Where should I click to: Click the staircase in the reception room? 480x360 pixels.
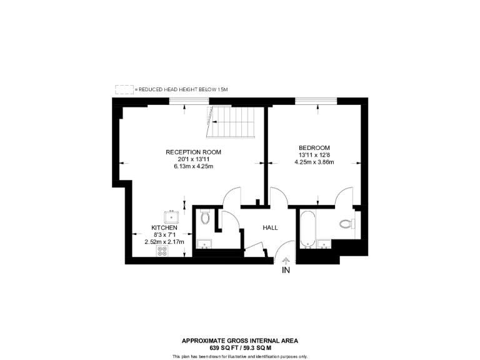click(231, 122)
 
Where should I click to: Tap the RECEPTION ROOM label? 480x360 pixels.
click(193, 152)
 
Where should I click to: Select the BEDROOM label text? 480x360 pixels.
click(314, 147)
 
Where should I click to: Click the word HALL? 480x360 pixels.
click(270, 228)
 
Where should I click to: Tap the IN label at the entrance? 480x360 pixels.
click(286, 271)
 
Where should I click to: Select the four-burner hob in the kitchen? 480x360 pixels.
click(162, 251)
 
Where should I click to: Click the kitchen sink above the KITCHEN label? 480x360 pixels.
click(171, 217)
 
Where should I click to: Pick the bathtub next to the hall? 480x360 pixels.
click(307, 228)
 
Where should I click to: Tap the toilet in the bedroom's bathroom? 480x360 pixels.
click(346, 224)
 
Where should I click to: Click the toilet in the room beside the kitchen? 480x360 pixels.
click(206, 217)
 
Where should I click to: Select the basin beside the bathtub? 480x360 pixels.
click(324, 244)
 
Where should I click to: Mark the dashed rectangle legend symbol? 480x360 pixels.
click(124, 90)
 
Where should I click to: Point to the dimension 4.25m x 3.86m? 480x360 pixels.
click(314, 162)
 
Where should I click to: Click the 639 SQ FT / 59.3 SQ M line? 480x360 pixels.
click(240, 347)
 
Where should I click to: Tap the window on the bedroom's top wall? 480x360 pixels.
click(316, 101)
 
